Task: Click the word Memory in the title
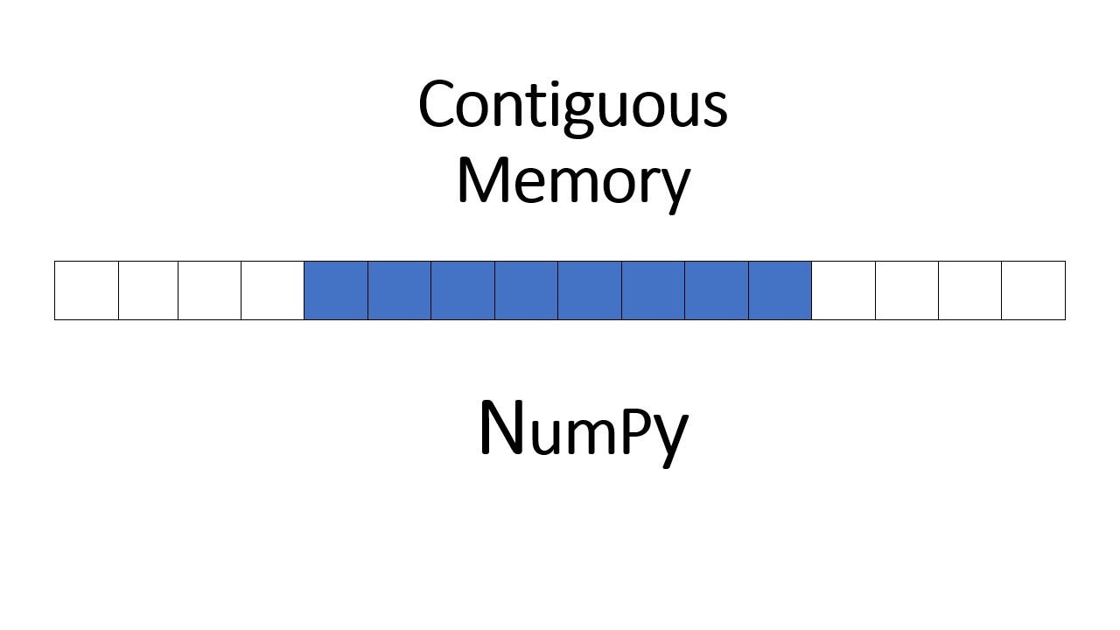point(573,181)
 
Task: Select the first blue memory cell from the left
point(336,290)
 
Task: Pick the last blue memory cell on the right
point(780,290)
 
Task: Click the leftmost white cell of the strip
point(87,290)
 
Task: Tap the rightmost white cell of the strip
point(1033,290)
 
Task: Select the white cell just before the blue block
point(273,290)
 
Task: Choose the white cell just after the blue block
point(843,290)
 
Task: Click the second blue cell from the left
point(399,290)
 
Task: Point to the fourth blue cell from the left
point(526,290)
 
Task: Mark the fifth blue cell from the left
point(590,290)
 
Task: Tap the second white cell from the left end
point(148,290)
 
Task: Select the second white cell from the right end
point(969,290)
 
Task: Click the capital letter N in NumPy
point(502,428)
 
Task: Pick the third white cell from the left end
point(210,290)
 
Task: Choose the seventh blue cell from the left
point(717,290)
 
